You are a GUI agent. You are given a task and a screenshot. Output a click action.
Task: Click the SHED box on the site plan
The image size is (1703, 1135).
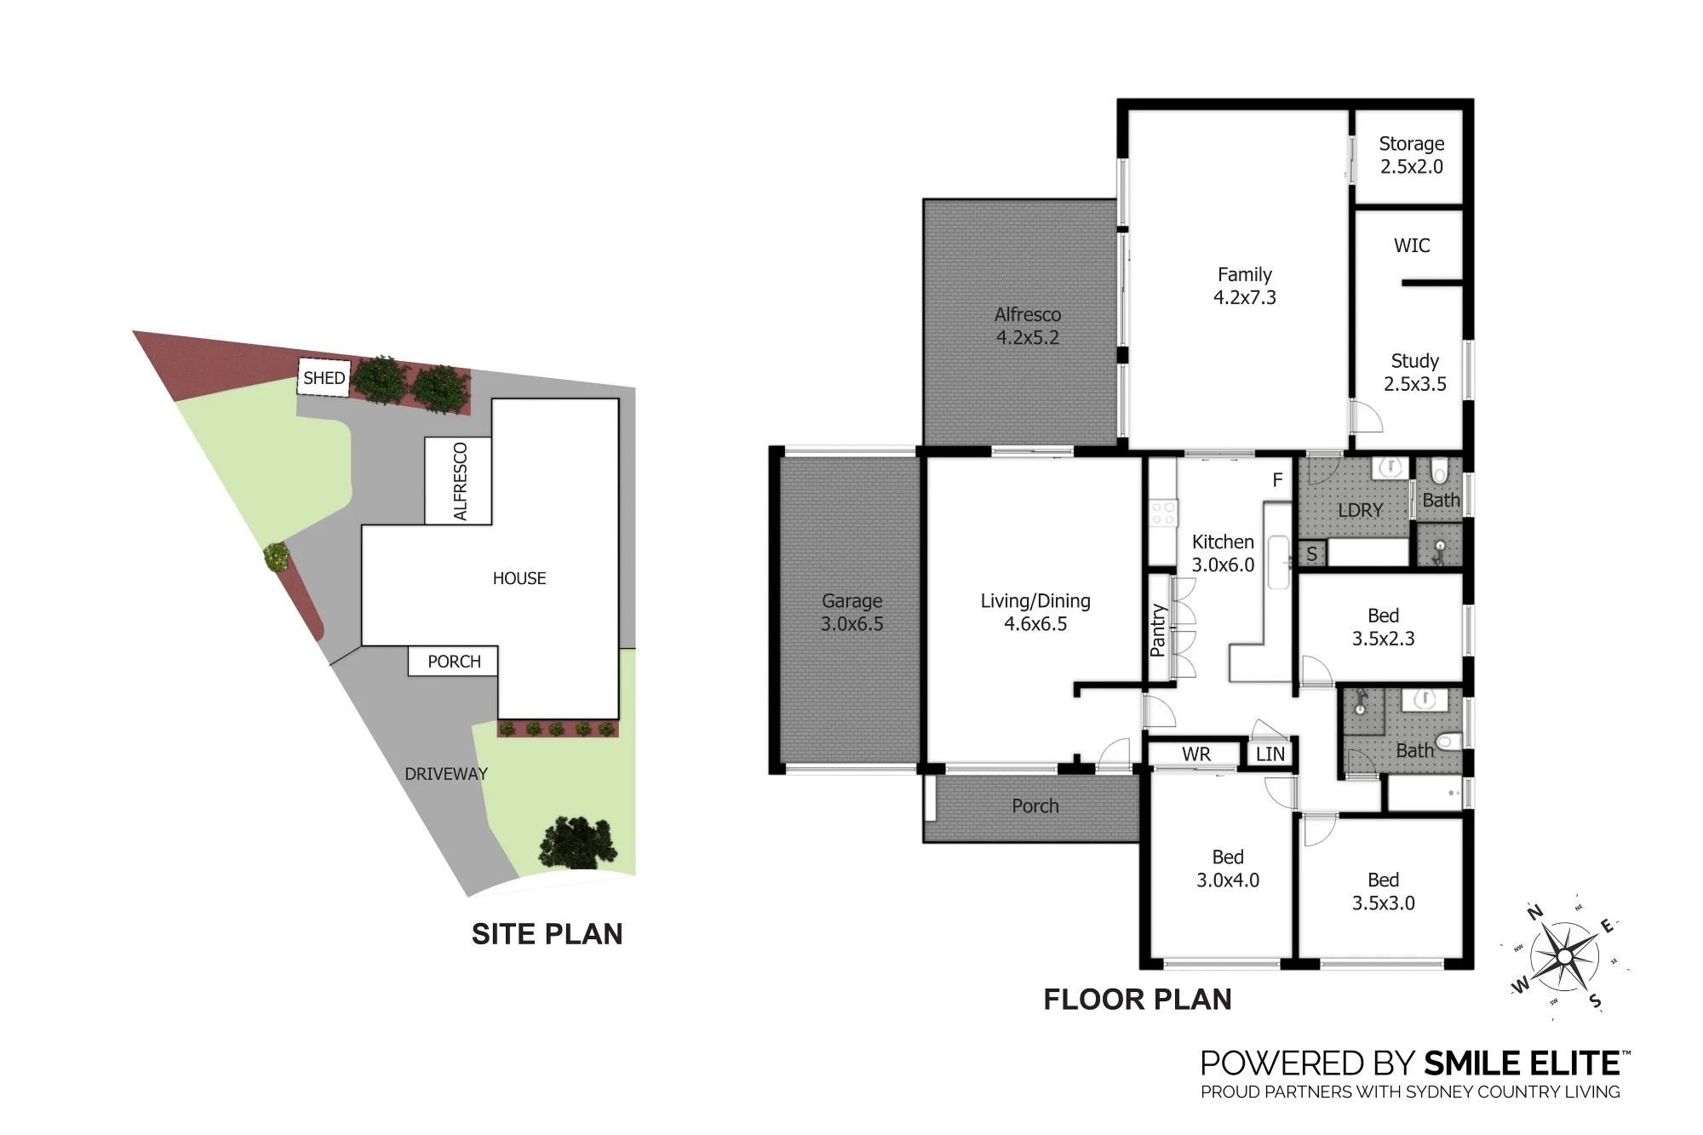click(x=324, y=378)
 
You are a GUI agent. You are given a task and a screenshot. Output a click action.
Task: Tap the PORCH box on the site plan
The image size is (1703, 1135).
click(x=453, y=662)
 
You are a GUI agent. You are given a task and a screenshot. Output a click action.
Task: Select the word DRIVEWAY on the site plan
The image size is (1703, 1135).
click(x=446, y=774)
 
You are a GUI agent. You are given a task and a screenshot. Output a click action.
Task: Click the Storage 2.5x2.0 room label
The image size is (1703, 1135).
click(x=1412, y=155)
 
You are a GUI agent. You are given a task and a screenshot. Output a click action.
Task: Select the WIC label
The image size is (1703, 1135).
click(x=1412, y=246)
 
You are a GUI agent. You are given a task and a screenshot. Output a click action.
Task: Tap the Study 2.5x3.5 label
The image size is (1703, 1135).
click(x=1414, y=372)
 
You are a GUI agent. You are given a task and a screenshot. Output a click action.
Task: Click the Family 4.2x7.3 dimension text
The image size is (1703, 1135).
click(x=1245, y=297)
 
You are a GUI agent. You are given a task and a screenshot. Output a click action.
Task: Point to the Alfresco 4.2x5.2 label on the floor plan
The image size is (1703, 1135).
click(x=1028, y=326)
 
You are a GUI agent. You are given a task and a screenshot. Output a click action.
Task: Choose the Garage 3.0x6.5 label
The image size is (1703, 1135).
click(x=851, y=612)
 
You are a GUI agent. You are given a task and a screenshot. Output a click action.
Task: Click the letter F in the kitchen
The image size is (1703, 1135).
click(x=1277, y=480)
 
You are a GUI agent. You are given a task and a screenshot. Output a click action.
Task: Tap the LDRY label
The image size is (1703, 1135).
click(x=1360, y=510)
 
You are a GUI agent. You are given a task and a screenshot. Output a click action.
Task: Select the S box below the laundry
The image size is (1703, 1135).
click(x=1311, y=554)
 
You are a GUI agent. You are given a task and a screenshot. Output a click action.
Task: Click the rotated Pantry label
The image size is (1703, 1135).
click(x=1157, y=630)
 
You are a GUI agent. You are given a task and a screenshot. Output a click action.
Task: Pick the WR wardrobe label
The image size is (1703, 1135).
click(x=1196, y=754)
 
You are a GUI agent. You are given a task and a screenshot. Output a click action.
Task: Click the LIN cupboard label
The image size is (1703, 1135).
click(x=1270, y=754)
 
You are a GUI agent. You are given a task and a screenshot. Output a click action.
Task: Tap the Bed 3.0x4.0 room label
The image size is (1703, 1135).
click(x=1228, y=868)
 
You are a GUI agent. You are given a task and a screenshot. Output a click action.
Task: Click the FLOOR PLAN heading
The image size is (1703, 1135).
click(x=1138, y=1000)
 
